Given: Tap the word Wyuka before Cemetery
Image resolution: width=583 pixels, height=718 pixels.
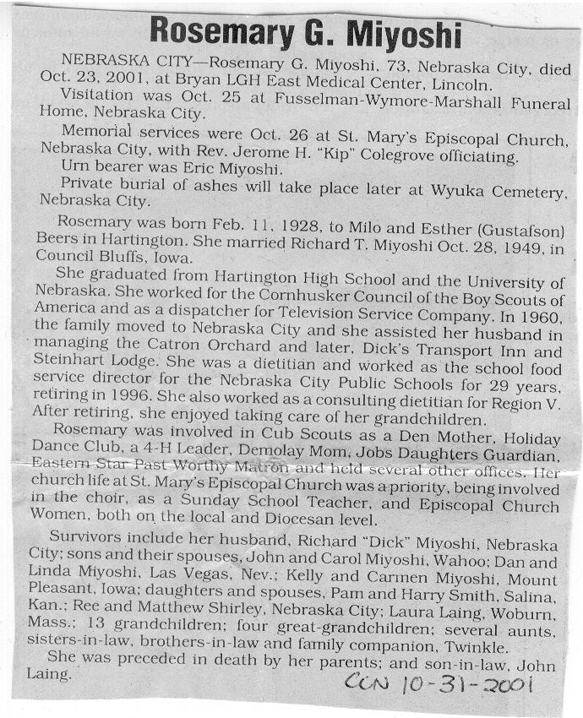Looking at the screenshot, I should tap(460, 191).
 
